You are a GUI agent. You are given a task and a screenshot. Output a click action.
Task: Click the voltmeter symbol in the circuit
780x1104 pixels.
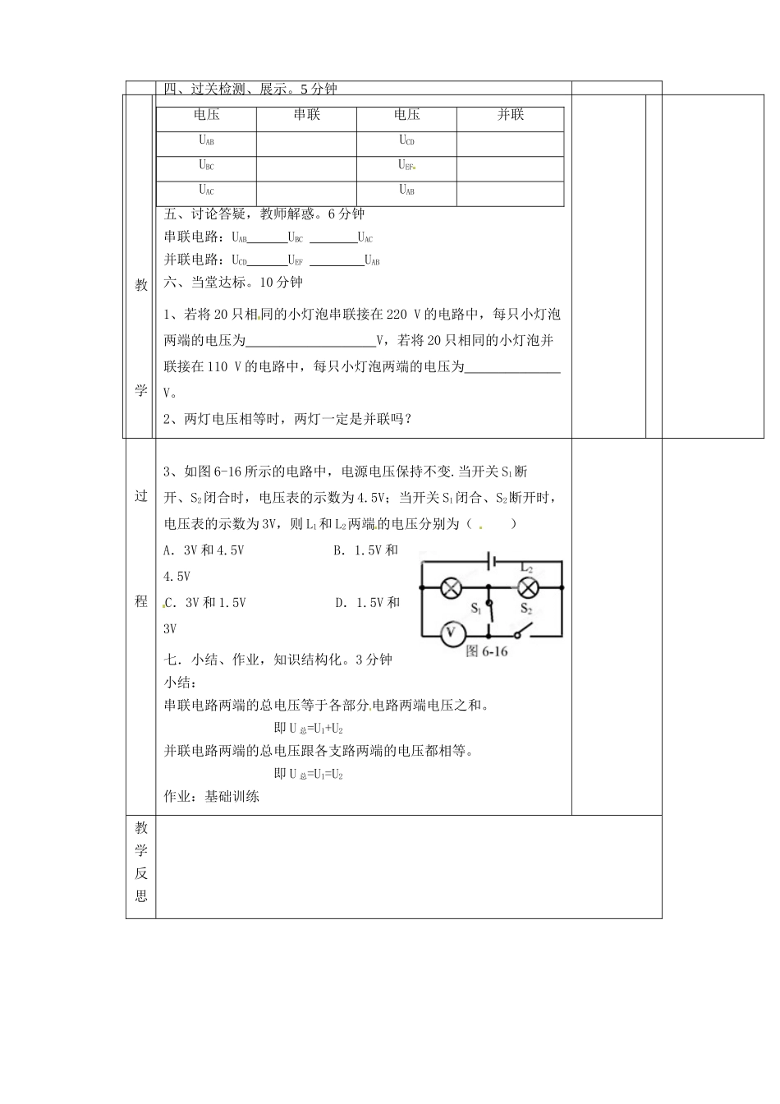point(449,633)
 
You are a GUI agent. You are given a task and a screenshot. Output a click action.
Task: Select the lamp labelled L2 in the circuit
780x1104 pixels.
point(526,586)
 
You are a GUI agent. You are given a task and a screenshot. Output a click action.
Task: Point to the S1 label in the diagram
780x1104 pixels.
point(477,609)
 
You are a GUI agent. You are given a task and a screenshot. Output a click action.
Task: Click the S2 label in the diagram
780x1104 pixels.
point(526,609)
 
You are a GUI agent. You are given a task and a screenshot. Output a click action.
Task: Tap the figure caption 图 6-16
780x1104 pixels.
point(488,651)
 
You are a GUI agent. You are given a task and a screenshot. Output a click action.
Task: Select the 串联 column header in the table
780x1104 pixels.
point(306,116)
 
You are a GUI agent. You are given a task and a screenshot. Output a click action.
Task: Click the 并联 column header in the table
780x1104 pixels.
point(510,116)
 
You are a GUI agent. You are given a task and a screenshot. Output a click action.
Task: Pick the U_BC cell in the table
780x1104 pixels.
point(206,166)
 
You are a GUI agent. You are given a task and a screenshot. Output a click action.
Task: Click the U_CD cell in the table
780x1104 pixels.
point(406,140)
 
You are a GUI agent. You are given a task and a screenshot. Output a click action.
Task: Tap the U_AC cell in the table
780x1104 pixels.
point(206,191)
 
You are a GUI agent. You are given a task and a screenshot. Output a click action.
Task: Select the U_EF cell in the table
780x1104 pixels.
point(406,166)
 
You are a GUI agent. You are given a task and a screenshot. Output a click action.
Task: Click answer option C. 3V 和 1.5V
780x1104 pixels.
point(205,603)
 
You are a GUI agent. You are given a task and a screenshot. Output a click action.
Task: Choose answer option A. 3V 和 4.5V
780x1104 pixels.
point(204,550)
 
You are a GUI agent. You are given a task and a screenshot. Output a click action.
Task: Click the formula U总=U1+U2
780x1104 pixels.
point(309,729)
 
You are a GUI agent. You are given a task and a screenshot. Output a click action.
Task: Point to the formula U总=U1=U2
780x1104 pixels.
point(309,775)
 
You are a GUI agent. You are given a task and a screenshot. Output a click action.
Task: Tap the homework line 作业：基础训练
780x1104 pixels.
point(212,797)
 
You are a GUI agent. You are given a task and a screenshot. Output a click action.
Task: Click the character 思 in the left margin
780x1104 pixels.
point(140,896)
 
